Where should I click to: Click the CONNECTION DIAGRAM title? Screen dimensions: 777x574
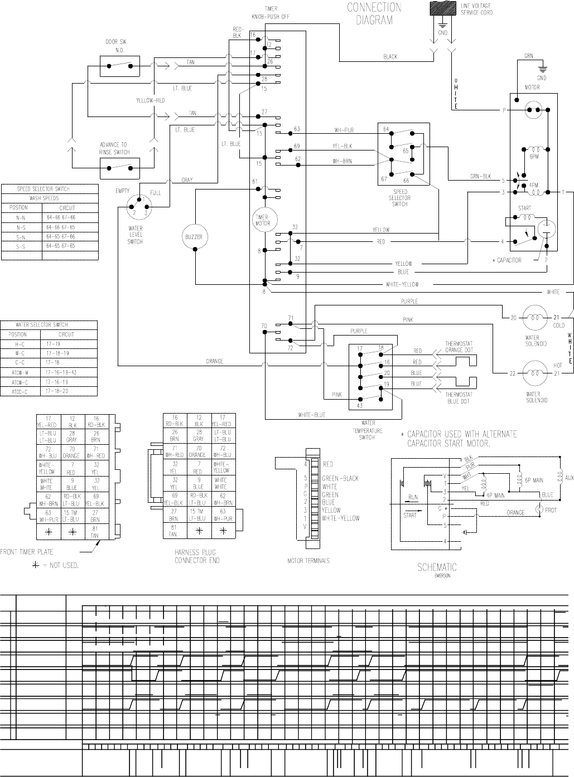tap(374, 14)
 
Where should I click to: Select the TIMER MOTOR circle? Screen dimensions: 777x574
tap(262, 220)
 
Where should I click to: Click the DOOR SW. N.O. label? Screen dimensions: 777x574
tap(116, 46)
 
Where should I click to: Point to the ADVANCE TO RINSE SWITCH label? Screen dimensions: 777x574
tap(116, 148)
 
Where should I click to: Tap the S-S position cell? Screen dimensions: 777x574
tap(21, 246)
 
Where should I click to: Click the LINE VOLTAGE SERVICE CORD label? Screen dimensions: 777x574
tap(476, 9)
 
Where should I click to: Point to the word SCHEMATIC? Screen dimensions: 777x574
tap(437, 567)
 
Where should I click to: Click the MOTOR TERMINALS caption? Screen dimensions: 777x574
tap(308, 561)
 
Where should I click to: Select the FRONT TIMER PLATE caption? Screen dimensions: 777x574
tap(27, 552)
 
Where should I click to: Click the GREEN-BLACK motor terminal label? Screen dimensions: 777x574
tap(340, 478)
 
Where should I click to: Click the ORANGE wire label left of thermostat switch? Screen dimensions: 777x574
tap(215, 361)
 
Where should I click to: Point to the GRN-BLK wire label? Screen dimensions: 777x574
tap(480, 177)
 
